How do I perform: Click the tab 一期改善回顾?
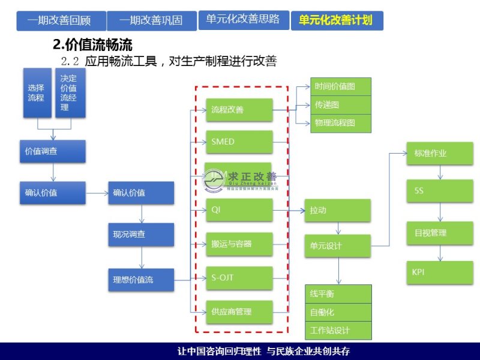[x=61, y=20]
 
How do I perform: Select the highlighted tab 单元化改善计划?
[x=336, y=20]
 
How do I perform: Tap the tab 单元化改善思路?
[x=243, y=20]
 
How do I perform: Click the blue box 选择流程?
[x=37, y=93]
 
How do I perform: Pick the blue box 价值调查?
[x=52, y=151]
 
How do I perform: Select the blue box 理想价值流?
[x=141, y=280]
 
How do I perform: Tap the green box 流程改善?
[x=239, y=110]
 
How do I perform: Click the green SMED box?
[x=239, y=142]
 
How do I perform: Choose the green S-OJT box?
[x=239, y=278]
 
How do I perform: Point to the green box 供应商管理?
[x=239, y=312]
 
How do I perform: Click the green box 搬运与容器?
[x=239, y=244]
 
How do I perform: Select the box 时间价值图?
[x=341, y=86]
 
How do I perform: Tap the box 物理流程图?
[x=341, y=122]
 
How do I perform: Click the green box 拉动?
[x=337, y=211]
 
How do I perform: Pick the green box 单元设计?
[x=337, y=245]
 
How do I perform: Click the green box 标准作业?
[x=439, y=153]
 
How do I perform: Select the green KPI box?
[x=439, y=272]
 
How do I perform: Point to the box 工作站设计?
[x=338, y=330]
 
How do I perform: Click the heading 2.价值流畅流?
[x=92, y=44]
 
